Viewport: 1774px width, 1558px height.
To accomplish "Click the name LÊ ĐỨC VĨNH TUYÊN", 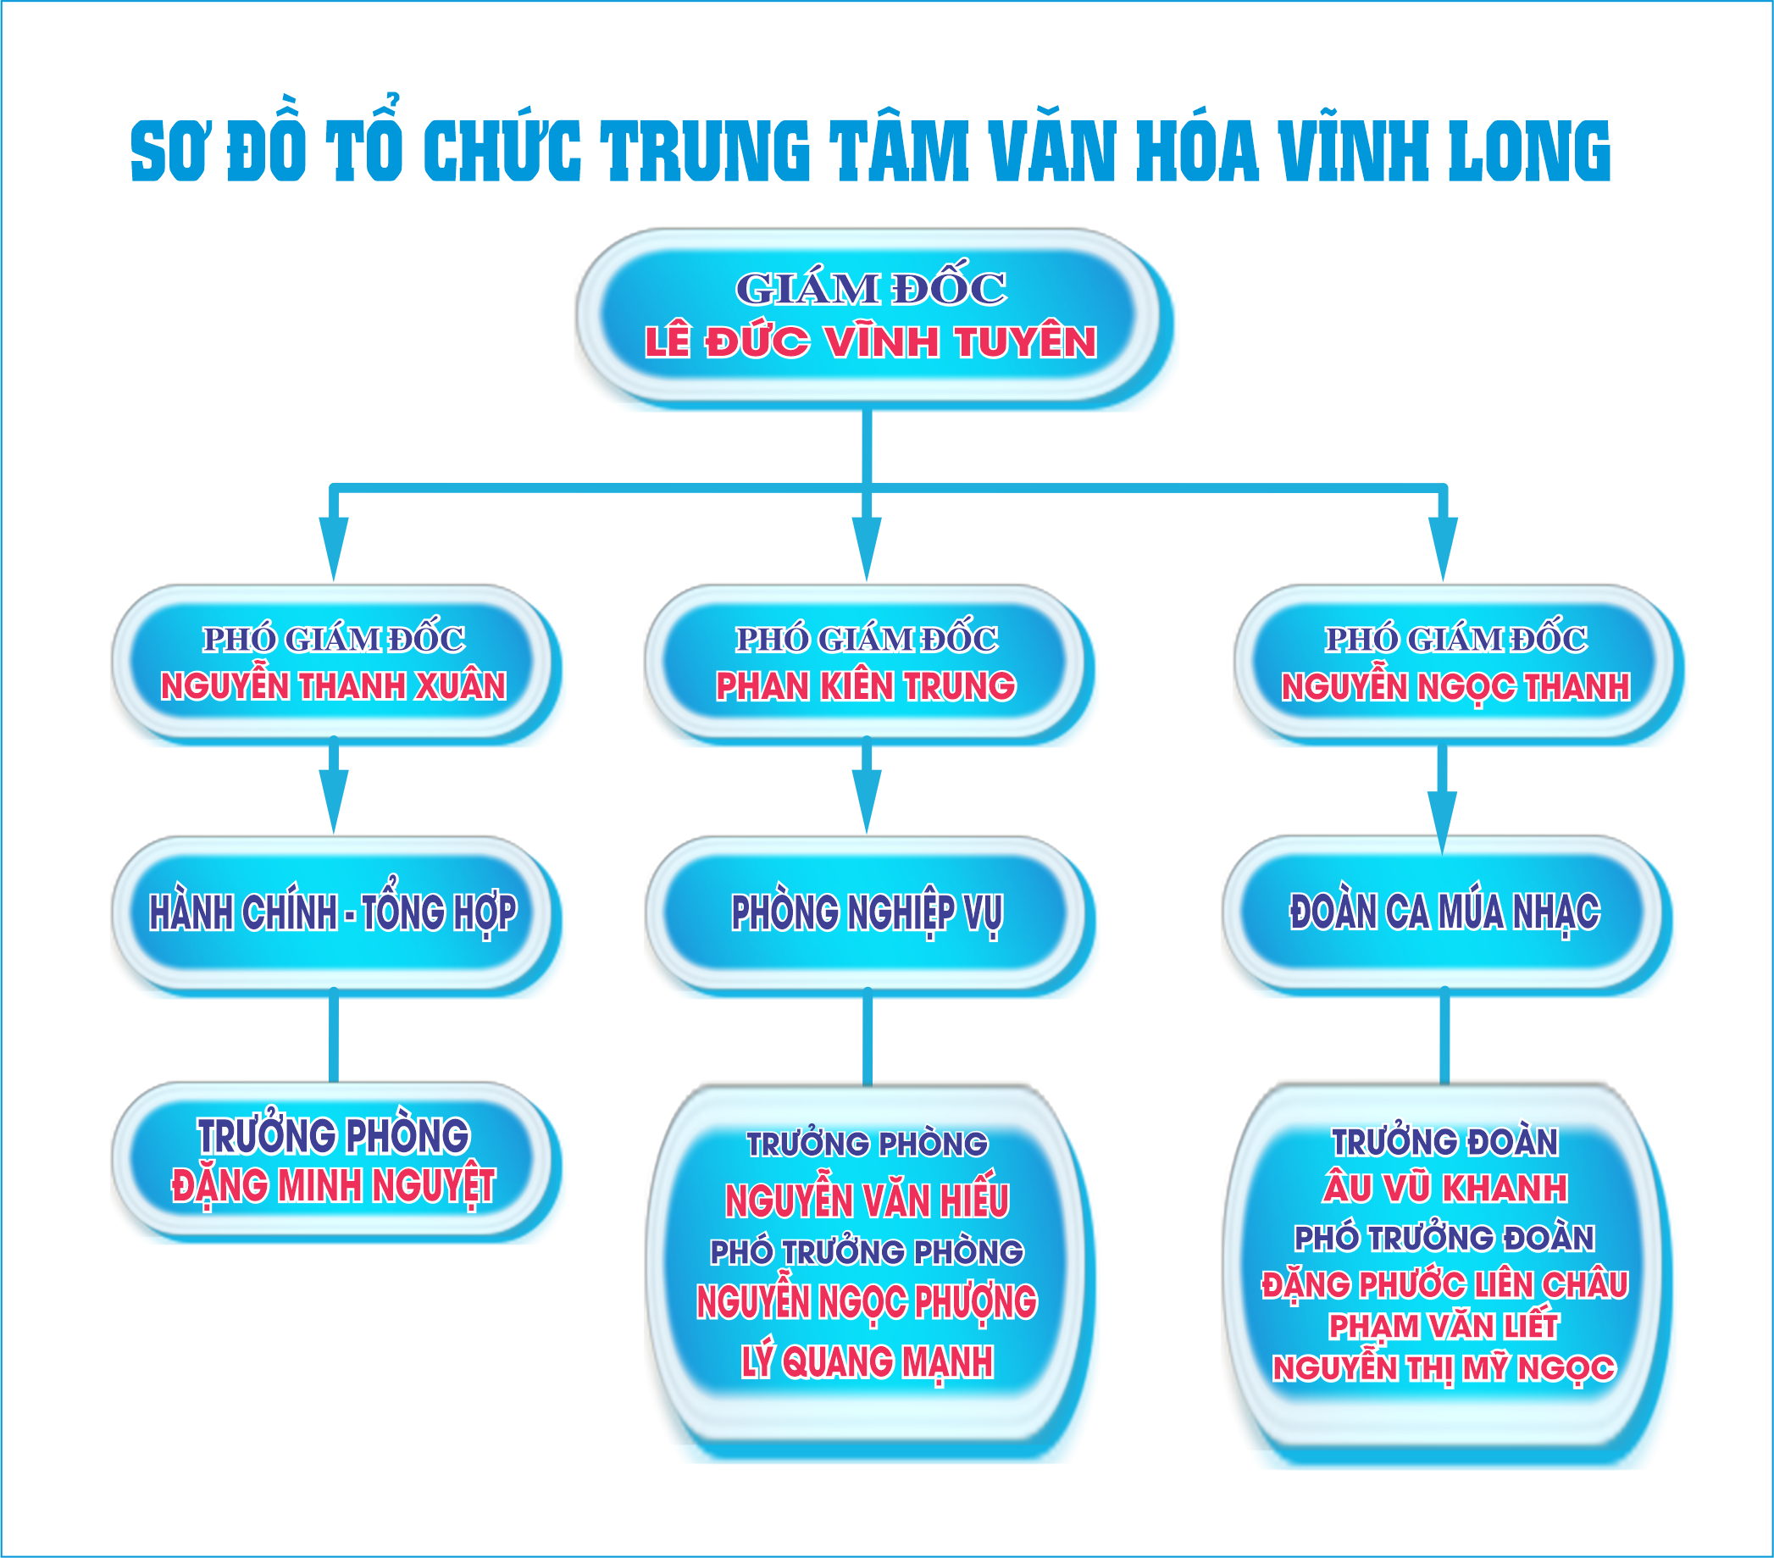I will (x=870, y=342).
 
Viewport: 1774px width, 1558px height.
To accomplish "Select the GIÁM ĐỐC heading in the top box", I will (x=871, y=289).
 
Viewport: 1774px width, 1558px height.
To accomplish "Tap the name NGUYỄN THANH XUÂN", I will (x=333, y=686).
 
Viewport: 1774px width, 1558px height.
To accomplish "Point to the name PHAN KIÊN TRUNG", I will (x=865, y=686).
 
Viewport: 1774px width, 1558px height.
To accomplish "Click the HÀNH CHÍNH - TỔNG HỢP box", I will (x=333, y=912).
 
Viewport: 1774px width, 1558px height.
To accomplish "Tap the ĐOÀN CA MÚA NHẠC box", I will (x=1444, y=912).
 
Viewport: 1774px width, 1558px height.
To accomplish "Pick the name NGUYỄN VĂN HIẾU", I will (x=867, y=1201).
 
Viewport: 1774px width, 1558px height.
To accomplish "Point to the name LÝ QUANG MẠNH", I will (x=867, y=1361).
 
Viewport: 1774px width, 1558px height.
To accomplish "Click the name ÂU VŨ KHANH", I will (x=1445, y=1189).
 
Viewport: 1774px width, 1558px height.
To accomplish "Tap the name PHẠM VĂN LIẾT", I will (x=1444, y=1326).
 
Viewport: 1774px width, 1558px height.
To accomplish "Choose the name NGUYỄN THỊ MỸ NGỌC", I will (x=1444, y=1369).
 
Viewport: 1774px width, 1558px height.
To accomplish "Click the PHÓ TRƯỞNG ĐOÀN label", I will (x=1445, y=1238).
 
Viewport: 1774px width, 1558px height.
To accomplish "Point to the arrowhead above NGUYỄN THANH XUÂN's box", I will (x=333, y=546).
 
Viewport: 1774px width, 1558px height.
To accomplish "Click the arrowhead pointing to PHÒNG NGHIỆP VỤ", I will (x=866, y=801).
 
